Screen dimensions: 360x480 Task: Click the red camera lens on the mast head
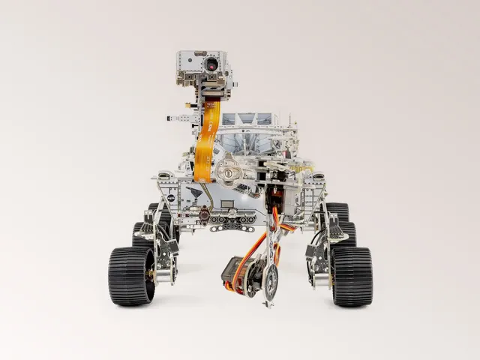pos(212,64)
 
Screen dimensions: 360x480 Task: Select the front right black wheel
pos(352,276)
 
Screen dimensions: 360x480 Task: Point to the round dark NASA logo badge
pos(171,198)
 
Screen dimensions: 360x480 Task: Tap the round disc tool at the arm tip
pos(269,281)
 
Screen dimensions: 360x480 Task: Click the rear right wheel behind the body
pos(337,211)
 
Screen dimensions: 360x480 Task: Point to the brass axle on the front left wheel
pos(152,275)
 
